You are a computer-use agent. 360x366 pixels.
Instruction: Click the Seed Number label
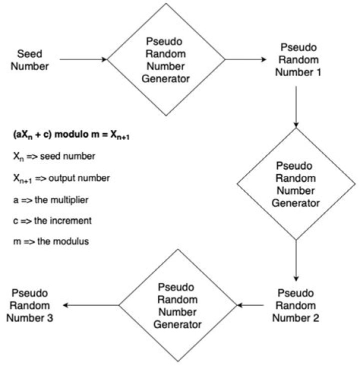pyautogui.click(x=33, y=60)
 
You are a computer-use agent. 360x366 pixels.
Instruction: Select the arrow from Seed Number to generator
pyautogui.click(x=83, y=60)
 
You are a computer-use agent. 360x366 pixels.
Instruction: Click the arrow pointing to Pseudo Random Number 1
pyautogui.click(x=245, y=60)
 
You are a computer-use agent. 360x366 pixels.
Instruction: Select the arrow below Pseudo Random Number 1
pyautogui.click(x=296, y=106)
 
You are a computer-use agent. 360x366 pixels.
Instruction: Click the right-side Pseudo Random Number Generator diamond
pyautogui.click(x=296, y=184)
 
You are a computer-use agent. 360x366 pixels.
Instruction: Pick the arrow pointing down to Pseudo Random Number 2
pyautogui.click(x=296, y=260)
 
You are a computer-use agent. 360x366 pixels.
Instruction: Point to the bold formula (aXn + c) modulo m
pyautogui.click(x=72, y=136)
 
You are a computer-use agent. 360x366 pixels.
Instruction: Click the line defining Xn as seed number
pyautogui.click(x=54, y=157)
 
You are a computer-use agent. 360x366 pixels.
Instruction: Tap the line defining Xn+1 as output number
pyautogui.click(x=61, y=178)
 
